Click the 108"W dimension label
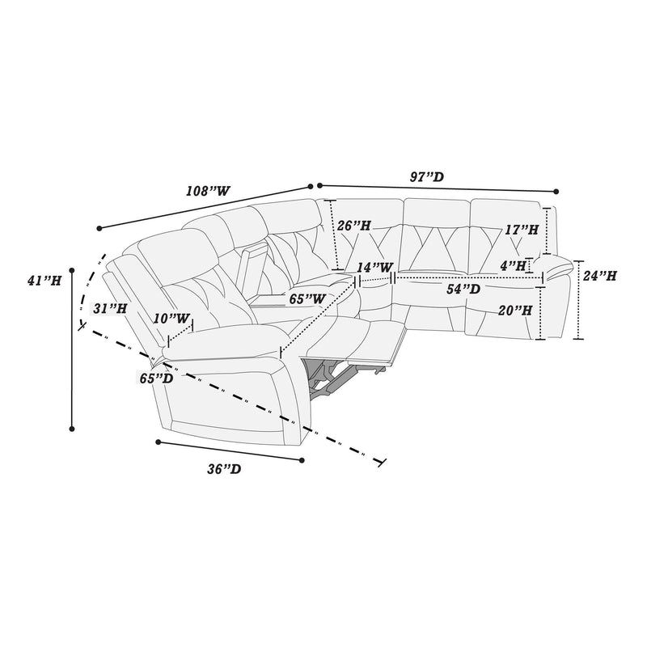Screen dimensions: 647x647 point(208,192)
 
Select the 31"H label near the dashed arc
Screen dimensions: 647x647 point(110,308)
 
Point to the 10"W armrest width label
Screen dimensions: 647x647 point(175,319)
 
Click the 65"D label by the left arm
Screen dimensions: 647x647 point(155,378)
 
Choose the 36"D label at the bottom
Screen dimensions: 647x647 point(223,469)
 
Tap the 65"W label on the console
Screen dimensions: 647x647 point(307,298)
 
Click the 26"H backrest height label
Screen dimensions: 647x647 point(354,226)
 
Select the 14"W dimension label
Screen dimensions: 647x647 point(376,267)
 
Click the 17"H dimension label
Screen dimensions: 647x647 point(522,230)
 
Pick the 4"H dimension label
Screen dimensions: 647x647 point(514,264)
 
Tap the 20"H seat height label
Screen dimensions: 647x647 point(514,310)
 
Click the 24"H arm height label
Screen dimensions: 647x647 point(599,276)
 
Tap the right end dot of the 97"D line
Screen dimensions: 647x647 point(556,192)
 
